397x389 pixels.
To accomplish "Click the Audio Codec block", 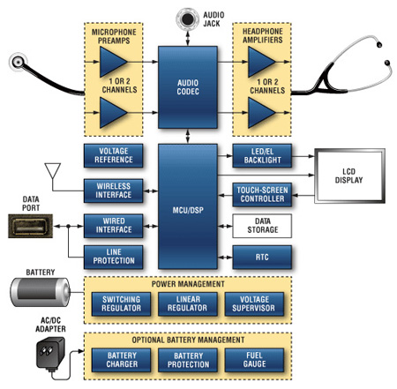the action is coord(188,87).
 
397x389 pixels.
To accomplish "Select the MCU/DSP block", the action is coord(188,206).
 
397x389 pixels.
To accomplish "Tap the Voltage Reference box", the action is coord(114,155).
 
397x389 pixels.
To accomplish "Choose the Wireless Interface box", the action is coord(114,191).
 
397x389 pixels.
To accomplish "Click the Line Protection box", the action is coord(114,257).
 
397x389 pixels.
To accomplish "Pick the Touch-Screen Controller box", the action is coord(262,195).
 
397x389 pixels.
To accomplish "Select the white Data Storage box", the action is coord(262,226).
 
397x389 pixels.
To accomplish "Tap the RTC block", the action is coord(262,258).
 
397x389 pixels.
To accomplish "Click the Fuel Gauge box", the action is coord(254,360).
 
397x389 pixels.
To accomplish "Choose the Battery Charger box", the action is coord(121,360).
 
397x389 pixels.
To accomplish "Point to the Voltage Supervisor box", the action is coord(254,304).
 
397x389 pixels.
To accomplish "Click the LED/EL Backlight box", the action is coord(262,155).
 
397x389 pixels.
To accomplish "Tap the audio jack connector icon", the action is coord(187,19).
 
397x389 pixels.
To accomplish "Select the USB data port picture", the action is coord(30,226).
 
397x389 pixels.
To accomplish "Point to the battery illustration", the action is coord(41,292).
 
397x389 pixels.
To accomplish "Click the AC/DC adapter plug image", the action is coord(50,354).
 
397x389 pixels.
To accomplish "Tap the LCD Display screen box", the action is coord(349,176).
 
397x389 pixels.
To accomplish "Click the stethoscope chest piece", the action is coord(19,62).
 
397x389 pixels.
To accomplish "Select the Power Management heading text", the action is coord(188,284).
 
